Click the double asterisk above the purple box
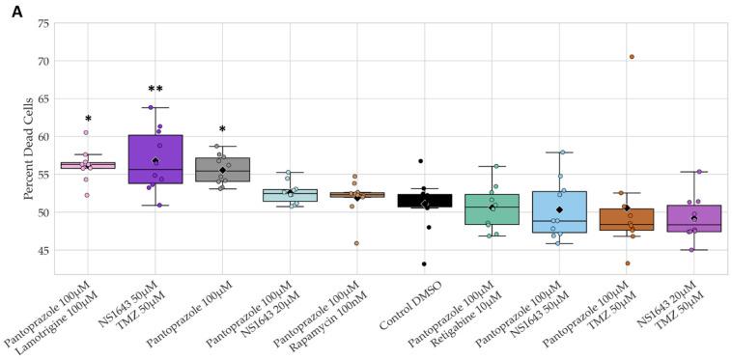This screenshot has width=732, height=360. (155, 90)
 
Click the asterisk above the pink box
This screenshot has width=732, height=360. (88, 119)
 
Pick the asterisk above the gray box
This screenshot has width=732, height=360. (222, 129)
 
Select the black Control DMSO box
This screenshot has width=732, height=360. (425, 201)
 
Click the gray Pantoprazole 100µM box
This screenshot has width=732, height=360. (222, 169)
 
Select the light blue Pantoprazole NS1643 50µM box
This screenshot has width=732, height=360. (560, 212)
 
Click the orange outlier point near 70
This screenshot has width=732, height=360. (632, 57)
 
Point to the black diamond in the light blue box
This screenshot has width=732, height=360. (560, 209)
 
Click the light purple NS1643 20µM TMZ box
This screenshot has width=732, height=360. (694, 218)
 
